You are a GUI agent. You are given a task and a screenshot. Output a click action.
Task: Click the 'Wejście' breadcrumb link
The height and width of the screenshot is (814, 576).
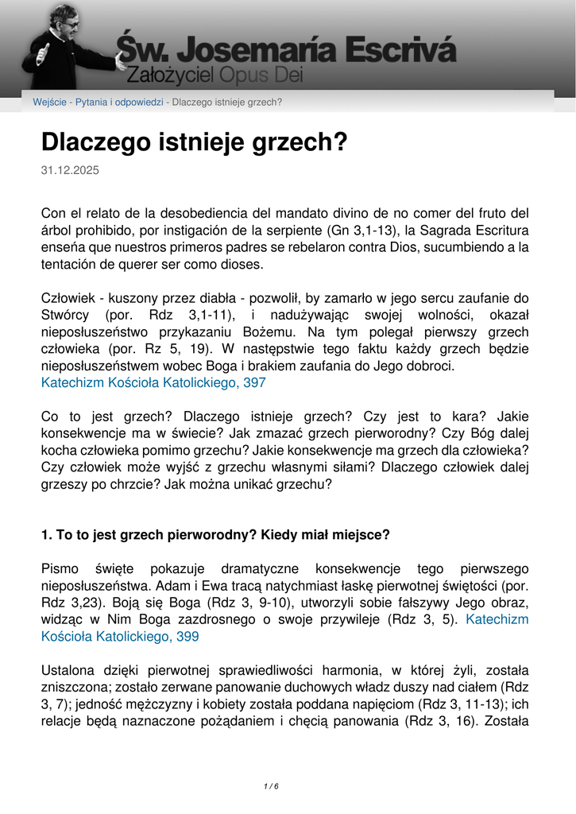pyautogui.click(x=49, y=102)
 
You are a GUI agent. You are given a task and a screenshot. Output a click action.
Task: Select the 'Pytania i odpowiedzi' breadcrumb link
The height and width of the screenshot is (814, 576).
pyautogui.click(x=119, y=102)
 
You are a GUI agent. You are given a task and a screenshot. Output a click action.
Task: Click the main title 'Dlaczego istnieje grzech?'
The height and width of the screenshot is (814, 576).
pyautogui.click(x=195, y=142)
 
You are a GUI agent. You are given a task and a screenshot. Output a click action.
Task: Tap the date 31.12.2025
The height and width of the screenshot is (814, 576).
pyautogui.click(x=70, y=170)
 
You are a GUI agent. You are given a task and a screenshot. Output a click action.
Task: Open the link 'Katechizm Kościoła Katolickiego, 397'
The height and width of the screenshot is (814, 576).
pyautogui.click(x=153, y=382)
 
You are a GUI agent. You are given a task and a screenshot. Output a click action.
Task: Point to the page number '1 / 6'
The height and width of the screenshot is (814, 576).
pyautogui.click(x=271, y=786)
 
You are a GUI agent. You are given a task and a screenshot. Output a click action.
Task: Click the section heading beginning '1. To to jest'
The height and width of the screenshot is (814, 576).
pyautogui.click(x=215, y=534)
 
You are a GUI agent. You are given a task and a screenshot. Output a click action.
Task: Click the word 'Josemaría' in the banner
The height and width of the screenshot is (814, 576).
pyautogui.click(x=253, y=50)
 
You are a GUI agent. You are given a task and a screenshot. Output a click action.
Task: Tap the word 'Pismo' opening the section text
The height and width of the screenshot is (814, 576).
pyautogui.click(x=60, y=569)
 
